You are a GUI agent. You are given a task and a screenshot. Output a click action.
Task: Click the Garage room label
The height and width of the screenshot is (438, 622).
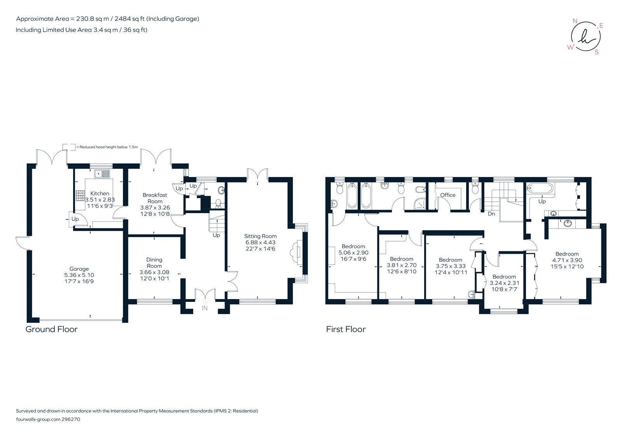pyautogui.click(x=79, y=269)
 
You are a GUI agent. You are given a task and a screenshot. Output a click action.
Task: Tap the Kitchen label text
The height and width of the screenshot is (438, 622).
pyautogui.click(x=100, y=193)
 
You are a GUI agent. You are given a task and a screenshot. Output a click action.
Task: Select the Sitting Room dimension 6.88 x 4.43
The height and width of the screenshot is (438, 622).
pyautogui.click(x=260, y=242)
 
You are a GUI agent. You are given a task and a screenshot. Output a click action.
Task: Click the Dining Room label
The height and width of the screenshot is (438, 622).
pyautogui.click(x=154, y=263)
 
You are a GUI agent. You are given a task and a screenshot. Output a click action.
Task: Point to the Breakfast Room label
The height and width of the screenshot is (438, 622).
pyautogui.click(x=155, y=198)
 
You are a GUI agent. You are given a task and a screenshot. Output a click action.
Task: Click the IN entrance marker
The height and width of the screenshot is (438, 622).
pyautogui.click(x=204, y=308)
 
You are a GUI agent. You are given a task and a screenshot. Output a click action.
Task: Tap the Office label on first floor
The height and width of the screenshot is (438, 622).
pyautogui.click(x=447, y=195)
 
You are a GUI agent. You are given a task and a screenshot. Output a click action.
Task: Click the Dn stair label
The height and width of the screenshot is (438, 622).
pyautogui.click(x=491, y=214)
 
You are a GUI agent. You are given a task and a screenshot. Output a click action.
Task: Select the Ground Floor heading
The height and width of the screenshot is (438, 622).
pyautogui.click(x=51, y=329)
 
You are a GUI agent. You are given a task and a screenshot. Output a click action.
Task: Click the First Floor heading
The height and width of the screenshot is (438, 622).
pyautogui.click(x=346, y=329)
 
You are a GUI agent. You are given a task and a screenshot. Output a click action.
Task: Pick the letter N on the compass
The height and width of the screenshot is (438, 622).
pyautogui.click(x=575, y=21)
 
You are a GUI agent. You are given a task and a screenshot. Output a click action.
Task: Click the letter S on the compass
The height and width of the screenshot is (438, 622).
pyautogui.click(x=597, y=52)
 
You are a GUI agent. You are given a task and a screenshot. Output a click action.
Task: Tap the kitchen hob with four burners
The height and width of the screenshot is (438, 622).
pyautogui.click(x=80, y=195)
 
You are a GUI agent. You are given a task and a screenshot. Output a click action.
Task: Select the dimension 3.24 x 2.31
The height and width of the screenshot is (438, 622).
pyautogui.click(x=504, y=283)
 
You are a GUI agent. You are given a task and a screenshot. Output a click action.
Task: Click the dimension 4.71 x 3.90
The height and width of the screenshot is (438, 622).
pyautogui.click(x=567, y=260)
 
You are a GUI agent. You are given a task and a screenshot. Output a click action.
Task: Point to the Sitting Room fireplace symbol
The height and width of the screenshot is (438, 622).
pyautogui.click(x=296, y=253)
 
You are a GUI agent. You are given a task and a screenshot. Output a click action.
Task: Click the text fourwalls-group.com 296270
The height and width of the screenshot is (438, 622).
pyautogui.click(x=48, y=419)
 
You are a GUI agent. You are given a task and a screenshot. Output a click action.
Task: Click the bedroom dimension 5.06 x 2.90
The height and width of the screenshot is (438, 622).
pyautogui.click(x=353, y=252)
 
